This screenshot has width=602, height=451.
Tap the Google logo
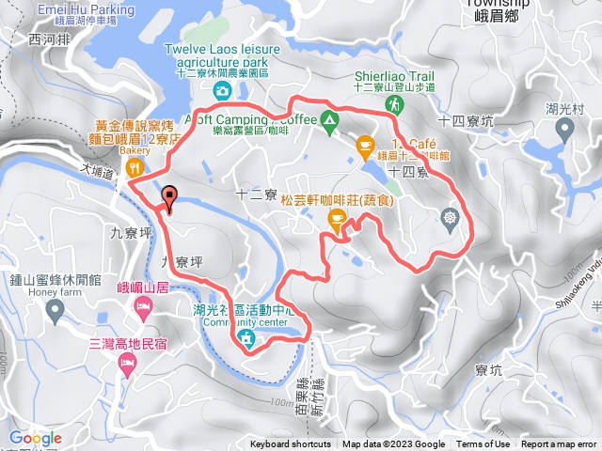tap(36, 438)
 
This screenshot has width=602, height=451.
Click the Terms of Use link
tap(483, 444)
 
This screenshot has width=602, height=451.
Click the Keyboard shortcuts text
tap(290, 444)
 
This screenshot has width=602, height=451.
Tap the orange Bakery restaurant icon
tap(135, 168)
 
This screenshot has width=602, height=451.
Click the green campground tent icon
tap(329, 119)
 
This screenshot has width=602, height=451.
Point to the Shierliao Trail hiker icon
tap(394, 107)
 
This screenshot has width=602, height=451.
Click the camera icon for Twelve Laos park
tap(221, 90)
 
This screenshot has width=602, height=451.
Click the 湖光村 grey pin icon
tap(565, 129)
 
